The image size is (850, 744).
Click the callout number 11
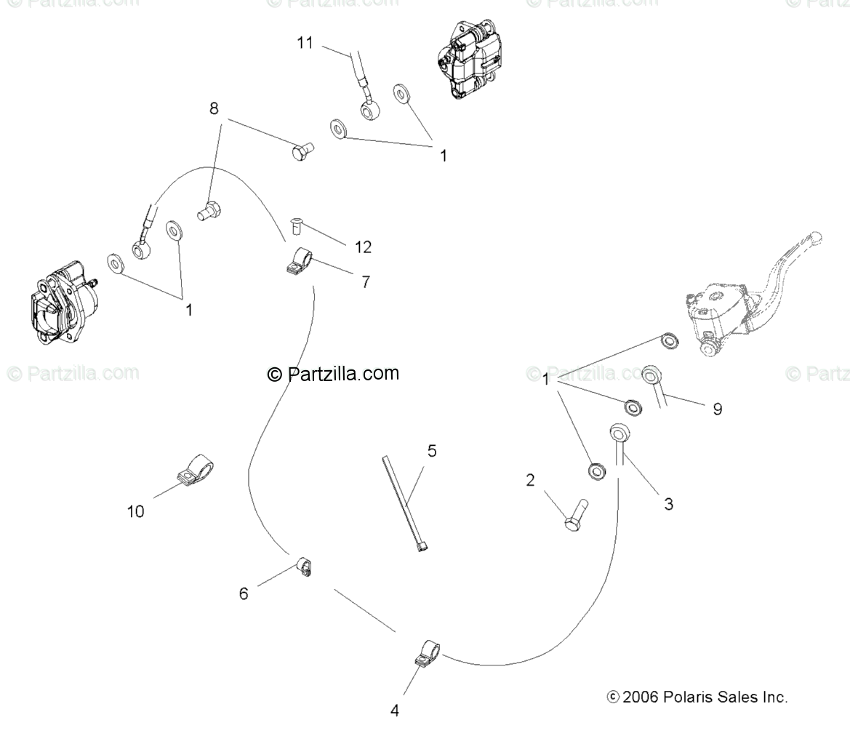(305, 43)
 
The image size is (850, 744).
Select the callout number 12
(363, 247)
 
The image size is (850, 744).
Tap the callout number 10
(135, 511)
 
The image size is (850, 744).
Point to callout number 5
(432, 451)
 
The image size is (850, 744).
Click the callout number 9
(717, 409)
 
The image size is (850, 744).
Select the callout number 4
(395, 711)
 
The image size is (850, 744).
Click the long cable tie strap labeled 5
(403, 503)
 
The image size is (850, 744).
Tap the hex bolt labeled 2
(576, 514)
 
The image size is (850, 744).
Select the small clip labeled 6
(305, 566)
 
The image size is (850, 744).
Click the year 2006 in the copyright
(641, 697)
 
